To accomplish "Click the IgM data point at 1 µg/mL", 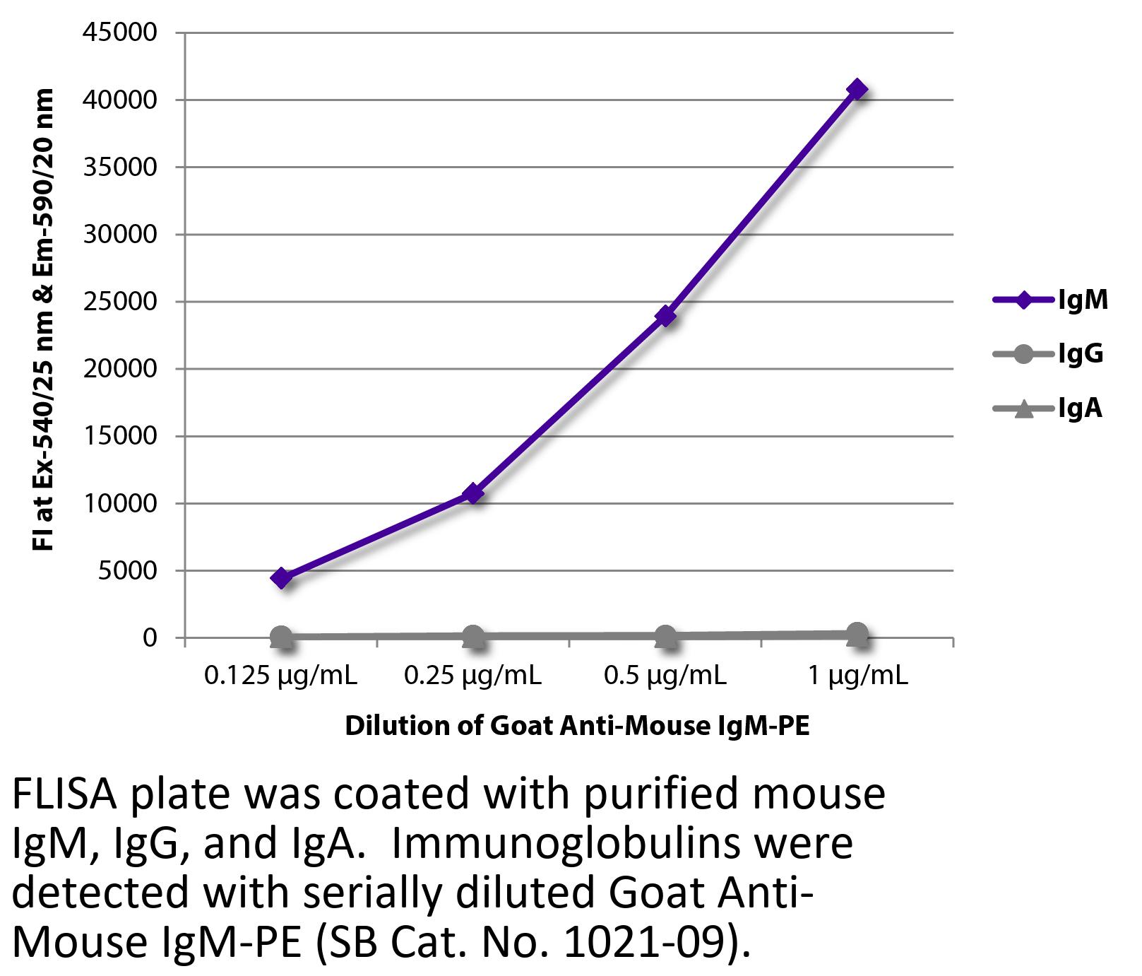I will coord(857,89).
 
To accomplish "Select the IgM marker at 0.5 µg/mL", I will coord(665,316).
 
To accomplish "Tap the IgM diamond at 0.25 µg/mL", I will coord(473,493).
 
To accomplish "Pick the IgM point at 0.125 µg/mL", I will coord(281,577).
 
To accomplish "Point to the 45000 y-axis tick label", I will coord(119,33).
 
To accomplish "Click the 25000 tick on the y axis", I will coord(119,302).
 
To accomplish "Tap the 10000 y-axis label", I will coord(119,504).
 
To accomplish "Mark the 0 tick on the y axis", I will coord(149,638).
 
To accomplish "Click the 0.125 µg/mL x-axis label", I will coord(280,676).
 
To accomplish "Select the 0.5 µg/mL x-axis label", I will coord(665,676).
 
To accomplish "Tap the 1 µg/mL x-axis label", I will coord(857,676).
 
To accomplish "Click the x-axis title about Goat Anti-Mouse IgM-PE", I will coord(577,727).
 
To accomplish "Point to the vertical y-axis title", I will coord(43,319).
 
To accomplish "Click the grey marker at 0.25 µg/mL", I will coord(473,637).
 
